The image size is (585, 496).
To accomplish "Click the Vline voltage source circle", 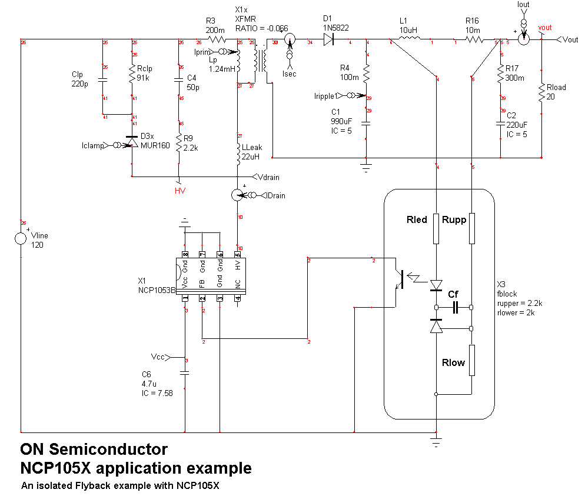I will (x=21, y=239).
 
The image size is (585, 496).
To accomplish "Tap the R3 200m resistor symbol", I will (x=217, y=40).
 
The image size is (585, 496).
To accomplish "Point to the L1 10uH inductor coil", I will (x=410, y=39).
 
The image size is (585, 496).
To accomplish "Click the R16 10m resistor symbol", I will (x=474, y=40).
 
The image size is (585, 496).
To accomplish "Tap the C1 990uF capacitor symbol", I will (x=366, y=124).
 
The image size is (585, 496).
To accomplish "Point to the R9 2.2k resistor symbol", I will (x=179, y=142).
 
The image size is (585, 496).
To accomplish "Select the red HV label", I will (x=180, y=191).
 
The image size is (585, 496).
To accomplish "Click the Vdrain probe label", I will (x=268, y=177).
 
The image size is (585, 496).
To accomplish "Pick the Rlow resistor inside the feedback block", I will (x=472, y=359).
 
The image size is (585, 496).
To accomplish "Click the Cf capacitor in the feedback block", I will (x=454, y=307).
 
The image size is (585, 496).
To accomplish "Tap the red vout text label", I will (x=545, y=28).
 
